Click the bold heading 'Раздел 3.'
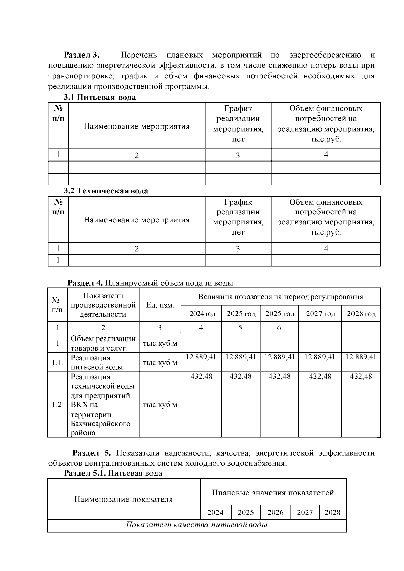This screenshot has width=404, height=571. coord(82,55)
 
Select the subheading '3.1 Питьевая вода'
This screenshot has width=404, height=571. coord(100,98)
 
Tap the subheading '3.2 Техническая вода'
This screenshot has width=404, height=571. coord(106,191)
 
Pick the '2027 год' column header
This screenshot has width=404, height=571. coord(320,314)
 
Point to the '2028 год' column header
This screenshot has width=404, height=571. coord(361,314)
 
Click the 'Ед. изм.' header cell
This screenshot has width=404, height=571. coord(160,305)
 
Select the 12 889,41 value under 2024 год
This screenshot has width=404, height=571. coord(201,357)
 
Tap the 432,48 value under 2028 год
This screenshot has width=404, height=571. coord(361,376)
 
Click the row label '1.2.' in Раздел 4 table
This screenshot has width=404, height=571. coord(58,405)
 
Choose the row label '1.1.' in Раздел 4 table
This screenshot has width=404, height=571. coord(58,363)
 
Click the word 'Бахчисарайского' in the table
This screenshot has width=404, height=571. coord(100,424)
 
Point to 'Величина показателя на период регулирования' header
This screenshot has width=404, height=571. coord(280,297)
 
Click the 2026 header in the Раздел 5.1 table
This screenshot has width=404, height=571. coord(275,513)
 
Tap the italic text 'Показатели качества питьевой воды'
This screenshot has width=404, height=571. coord(197,525)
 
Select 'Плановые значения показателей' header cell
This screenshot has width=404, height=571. coord(273,493)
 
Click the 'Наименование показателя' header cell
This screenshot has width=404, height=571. coord(124,499)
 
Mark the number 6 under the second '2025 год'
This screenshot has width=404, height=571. coord(279,328)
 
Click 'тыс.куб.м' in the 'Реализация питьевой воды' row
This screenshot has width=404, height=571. coord(160,363)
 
